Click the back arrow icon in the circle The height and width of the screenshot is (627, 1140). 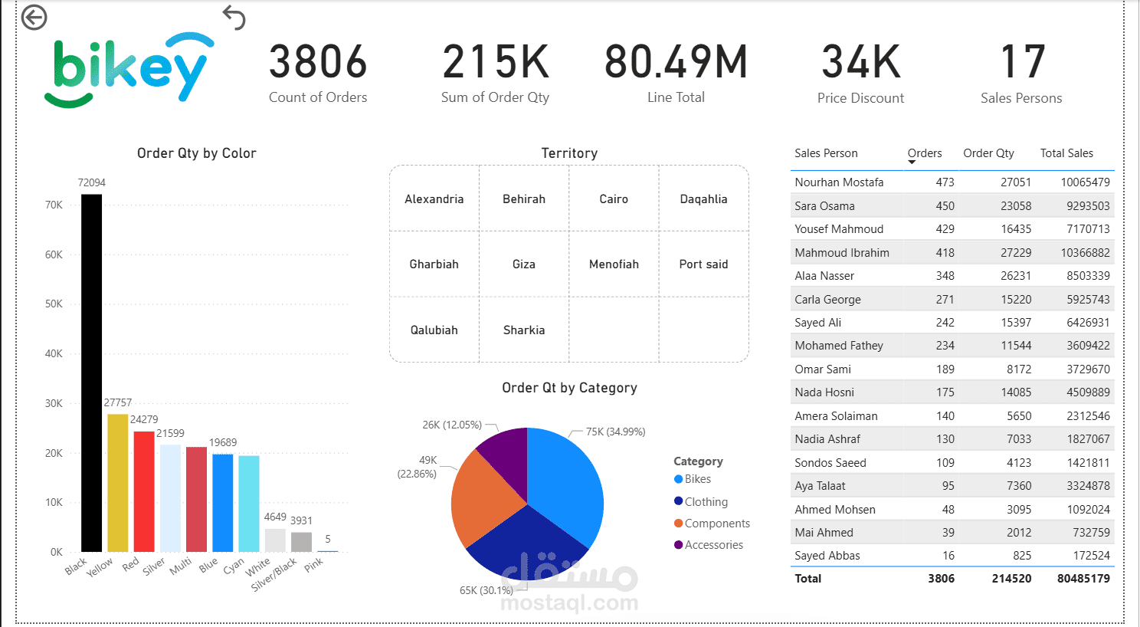coord(34,18)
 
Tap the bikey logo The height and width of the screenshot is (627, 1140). coord(129,70)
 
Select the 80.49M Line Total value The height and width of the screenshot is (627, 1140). coord(676,61)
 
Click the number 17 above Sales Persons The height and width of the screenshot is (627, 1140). coord(1023,61)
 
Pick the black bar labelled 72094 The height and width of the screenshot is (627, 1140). coord(92,373)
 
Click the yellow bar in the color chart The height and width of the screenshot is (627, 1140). coord(117,483)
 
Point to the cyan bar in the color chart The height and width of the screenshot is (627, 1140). coord(249,504)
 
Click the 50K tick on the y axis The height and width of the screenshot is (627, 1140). coord(54,304)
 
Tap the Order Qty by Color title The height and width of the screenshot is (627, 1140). coord(196,153)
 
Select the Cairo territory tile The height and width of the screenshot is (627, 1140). coord(614,199)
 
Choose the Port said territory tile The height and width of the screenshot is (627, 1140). coord(704,264)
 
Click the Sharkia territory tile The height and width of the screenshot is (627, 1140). coord(524,330)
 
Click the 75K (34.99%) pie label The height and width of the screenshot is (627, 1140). coord(615,432)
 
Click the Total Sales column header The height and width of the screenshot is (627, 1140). coord(1066,153)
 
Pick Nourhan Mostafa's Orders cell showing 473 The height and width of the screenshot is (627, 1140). coord(945,182)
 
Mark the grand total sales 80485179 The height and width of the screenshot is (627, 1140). coord(1083,579)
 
